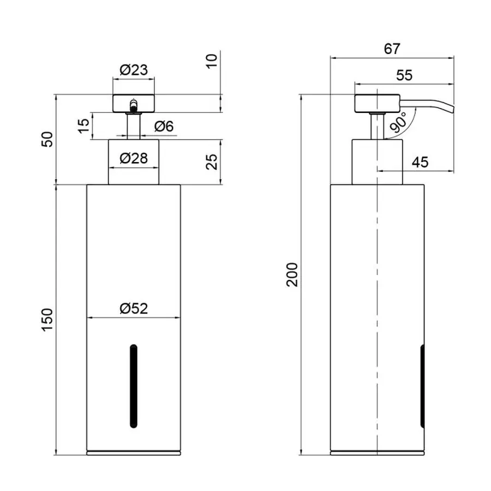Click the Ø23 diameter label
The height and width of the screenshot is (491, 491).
(134, 70)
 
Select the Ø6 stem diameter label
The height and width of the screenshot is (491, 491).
(164, 126)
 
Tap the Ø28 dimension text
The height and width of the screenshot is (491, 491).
(134, 158)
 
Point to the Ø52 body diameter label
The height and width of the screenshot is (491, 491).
(134, 308)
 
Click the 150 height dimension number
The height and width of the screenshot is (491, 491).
(47, 320)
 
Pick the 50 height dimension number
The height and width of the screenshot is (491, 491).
(47, 139)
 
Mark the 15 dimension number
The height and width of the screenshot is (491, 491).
(84, 126)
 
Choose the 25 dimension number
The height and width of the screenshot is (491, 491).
(212, 162)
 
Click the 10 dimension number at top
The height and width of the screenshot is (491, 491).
(212, 61)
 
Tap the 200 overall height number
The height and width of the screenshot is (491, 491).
(292, 274)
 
